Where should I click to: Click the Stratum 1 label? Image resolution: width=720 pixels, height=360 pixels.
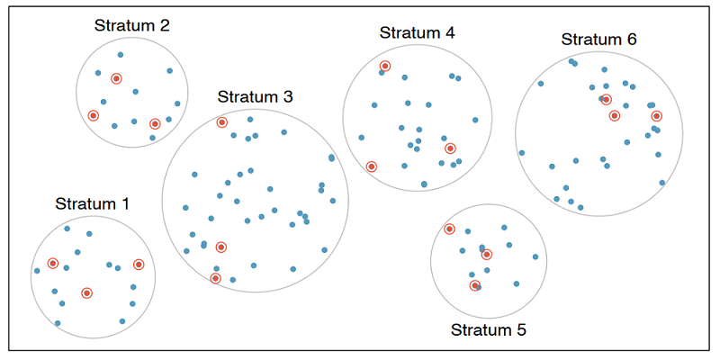[93, 203]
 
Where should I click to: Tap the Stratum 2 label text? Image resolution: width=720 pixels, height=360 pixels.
[131, 25]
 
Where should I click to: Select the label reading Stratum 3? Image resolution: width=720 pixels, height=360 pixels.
[256, 97]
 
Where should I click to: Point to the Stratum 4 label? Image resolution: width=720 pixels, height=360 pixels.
[418, 32]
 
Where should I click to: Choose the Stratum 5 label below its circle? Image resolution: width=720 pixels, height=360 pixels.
[489, 329]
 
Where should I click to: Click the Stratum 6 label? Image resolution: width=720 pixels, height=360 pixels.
[598, 40]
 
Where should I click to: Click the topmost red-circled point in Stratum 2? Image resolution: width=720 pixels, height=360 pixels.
[117, 78]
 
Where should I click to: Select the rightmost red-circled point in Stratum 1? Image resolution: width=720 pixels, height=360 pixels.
[139, 264]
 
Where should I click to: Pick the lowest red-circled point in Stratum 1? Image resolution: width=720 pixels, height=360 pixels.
[86, 293]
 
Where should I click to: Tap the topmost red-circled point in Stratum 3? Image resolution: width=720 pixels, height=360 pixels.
[221, 122]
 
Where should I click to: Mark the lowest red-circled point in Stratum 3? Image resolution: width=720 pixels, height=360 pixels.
[215, 278]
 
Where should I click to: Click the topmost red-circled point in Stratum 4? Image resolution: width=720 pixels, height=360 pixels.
[385, 66]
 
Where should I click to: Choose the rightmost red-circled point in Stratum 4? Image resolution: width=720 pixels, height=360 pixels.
[451, 148]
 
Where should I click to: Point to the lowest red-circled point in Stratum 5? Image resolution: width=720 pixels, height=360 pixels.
[475, 285]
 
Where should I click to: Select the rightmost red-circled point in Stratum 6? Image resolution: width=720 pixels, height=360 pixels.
[657, 116]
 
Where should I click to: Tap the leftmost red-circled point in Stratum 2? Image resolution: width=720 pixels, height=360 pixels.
[94, 115]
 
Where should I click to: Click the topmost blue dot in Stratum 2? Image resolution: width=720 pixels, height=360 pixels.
[121, 55]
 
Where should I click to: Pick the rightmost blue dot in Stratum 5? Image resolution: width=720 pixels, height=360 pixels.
[535, 257]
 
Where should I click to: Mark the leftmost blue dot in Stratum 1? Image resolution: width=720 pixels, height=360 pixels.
[37, 271]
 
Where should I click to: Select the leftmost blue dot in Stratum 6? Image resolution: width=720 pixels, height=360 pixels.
[522, 153]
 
